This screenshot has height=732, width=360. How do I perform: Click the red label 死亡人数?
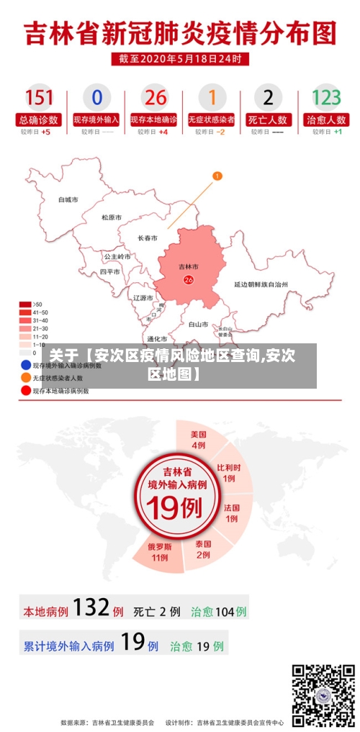click(x=268, y=119)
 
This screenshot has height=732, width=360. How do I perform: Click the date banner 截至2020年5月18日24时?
click(x=180, y=59)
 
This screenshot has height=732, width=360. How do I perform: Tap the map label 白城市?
click(x=68, y=199)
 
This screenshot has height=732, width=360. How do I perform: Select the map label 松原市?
click(x=111, y=217)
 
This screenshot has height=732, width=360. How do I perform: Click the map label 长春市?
click(x=148, y=238)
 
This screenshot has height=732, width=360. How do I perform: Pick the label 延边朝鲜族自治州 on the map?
click(x=261, y=284)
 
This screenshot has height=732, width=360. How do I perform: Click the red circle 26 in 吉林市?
click(x=189, y=279)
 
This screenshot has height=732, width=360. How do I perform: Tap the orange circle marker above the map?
click(x=217, y=175)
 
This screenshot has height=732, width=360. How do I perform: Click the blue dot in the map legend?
click(x=26, y=366)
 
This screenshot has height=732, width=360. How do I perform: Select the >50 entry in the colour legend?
click(x=27, y=304)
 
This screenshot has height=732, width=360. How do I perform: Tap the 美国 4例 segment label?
click(x=198, y=439)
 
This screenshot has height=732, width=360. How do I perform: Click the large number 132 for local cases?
click(x=91, y=608)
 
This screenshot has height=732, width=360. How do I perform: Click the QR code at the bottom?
click(x=323, y=695)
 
